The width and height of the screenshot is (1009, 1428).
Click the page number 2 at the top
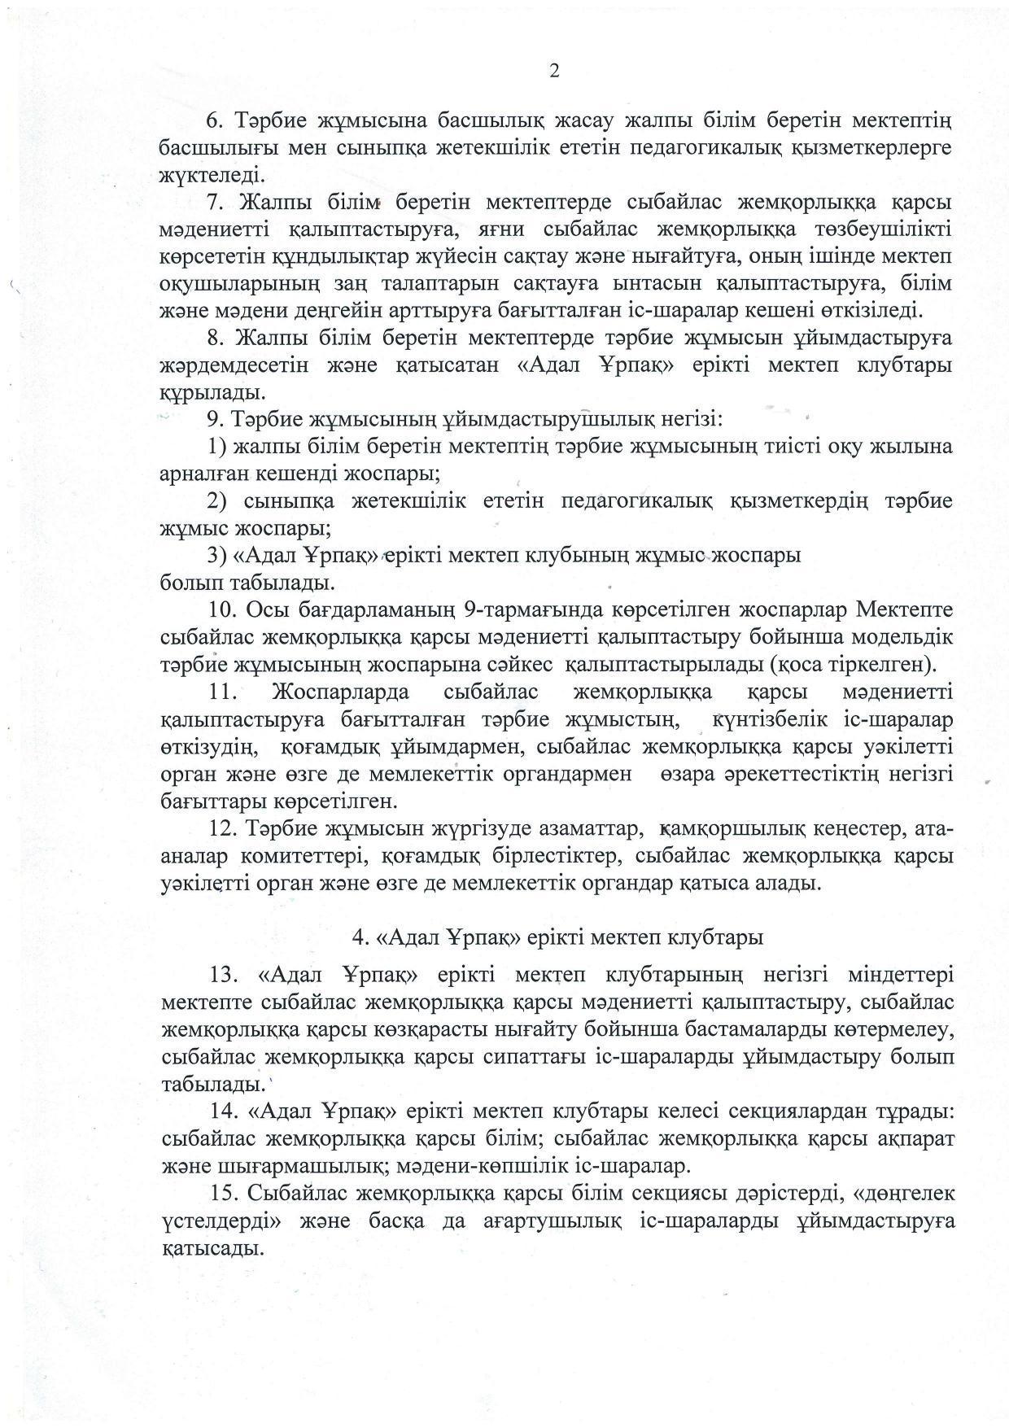[554, 72]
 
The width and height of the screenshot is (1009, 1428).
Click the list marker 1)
[216, 447]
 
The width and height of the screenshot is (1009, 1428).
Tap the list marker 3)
[216, 556]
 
